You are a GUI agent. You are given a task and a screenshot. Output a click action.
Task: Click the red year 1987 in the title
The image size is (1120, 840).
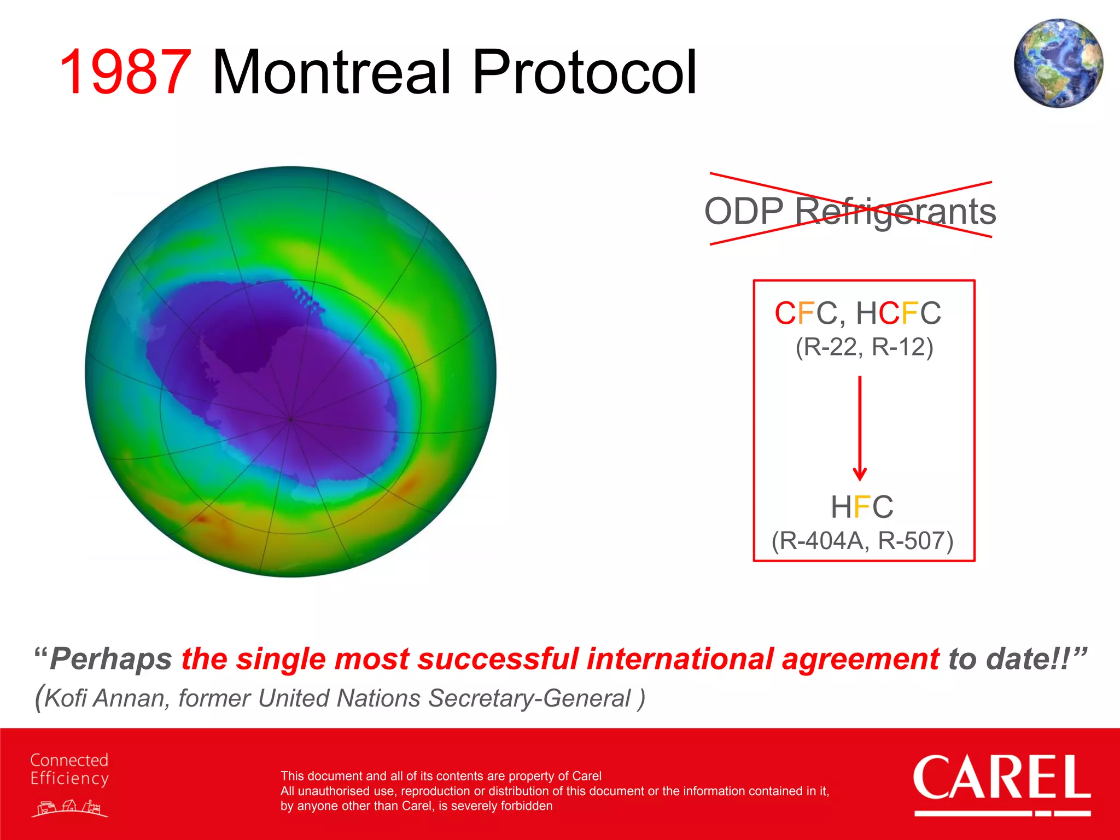125,73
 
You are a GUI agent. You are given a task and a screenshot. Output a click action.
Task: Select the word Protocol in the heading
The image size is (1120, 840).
584,73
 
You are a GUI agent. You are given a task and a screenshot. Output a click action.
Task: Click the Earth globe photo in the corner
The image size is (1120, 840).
1058,63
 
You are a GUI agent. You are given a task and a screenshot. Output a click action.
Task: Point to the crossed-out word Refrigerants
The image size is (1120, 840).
895,212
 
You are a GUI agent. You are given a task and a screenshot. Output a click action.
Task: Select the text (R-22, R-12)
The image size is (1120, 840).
864,347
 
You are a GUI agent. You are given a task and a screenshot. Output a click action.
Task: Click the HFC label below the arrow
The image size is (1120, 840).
862,507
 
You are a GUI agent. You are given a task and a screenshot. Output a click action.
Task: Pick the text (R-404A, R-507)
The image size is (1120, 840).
862,541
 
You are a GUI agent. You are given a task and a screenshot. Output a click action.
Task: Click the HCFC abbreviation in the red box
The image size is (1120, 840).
899,313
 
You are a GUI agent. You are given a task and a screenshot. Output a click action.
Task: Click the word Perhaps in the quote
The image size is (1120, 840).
111,658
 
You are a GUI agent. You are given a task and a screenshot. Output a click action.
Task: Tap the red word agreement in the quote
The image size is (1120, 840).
860,658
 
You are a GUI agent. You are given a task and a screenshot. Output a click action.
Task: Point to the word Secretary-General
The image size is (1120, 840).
529,698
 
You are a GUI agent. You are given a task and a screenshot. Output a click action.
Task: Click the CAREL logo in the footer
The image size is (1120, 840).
1002,783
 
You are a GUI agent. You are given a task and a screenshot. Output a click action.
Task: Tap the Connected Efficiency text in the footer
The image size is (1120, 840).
69,769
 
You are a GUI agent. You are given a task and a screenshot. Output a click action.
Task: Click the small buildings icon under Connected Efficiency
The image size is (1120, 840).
69,808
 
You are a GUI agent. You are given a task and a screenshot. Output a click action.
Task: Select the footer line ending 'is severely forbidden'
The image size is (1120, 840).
416,806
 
